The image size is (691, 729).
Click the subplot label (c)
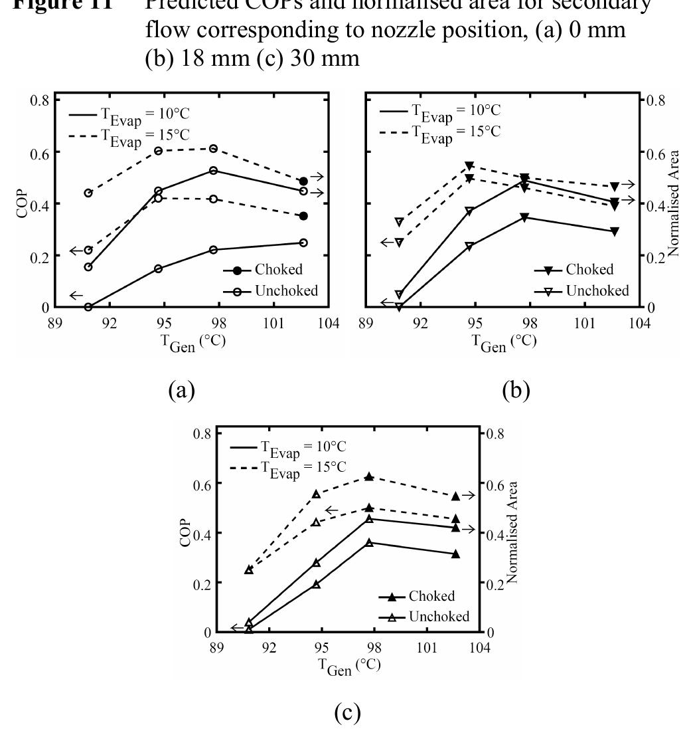click(348, 712)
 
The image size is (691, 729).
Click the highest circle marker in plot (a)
click(214, 149)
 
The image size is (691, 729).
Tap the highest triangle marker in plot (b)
click(469, 165)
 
